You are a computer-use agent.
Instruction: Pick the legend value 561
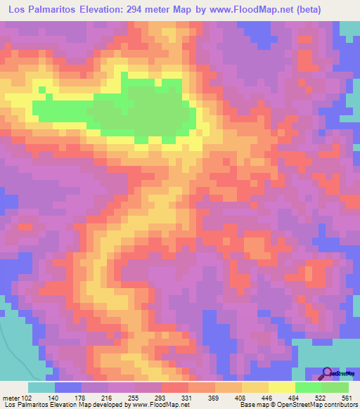[347, 397]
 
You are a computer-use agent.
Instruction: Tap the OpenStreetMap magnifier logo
[327, 375]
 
